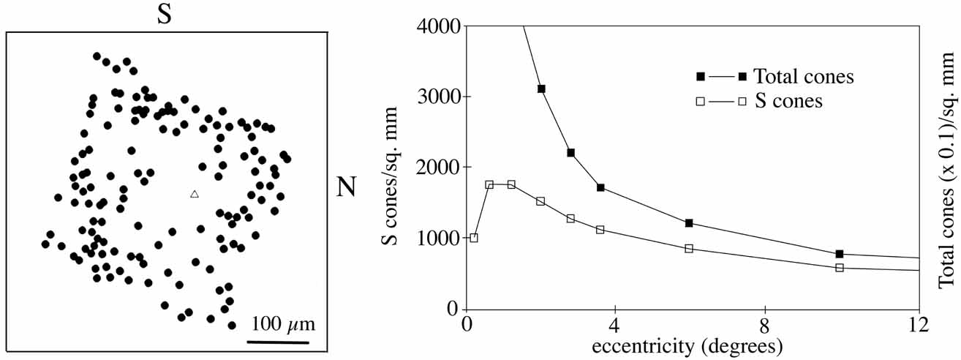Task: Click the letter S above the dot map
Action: (x=165, y=15)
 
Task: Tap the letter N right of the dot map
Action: (x=347, y=187)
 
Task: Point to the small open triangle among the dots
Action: (x=194, y=194)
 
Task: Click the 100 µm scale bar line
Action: (x=277, y=341)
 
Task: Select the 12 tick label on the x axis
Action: (x=917, y=324)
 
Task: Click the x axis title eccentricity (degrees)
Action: (x=691, y=344)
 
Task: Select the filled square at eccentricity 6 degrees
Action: (x=689, y=222)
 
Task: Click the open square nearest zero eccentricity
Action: (x=474, y=238)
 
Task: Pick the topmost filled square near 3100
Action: (x=541, y=89)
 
